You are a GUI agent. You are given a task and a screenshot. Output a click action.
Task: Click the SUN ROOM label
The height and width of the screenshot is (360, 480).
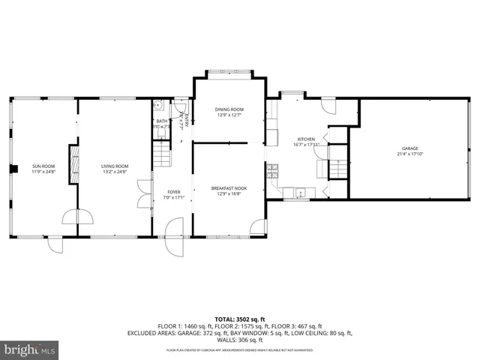(x=43, y=166)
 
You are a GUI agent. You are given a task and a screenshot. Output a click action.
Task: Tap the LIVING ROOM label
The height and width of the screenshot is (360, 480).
(x=115, y=166)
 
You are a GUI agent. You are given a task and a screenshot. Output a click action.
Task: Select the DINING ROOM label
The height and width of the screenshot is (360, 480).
(x=229, y=109)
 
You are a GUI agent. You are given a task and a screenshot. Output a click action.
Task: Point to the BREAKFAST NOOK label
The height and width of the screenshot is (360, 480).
(x=229, y=188)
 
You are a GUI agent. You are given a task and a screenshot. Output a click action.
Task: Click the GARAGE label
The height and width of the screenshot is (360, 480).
(x=409, y=148)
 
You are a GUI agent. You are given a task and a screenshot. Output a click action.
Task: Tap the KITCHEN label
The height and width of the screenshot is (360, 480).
(x=306, y=139)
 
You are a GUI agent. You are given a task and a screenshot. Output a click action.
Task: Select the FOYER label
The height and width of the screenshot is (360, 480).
(x=173, y=192)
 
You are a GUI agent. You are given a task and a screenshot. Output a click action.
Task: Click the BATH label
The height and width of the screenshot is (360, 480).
(x=162, y=121)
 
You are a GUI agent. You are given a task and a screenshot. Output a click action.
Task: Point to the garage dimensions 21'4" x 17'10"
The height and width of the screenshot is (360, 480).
(x=409, y=154)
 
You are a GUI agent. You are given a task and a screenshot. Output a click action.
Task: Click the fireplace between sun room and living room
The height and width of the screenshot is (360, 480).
(x=73, y=164)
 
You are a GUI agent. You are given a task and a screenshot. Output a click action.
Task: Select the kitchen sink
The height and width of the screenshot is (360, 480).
(x=299, y=192)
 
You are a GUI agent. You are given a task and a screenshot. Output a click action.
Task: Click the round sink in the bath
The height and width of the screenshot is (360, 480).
(x=159, y=106)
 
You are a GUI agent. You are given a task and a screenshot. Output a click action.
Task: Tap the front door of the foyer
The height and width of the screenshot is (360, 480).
(x=174, y=228)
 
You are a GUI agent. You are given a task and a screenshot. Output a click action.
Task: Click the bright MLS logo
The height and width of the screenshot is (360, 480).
(x=30, y=349)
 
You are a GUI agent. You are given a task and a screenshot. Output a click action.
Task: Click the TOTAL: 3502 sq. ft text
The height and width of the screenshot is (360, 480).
(x=239, y=318)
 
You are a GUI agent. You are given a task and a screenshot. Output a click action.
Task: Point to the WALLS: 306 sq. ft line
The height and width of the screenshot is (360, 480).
(x=239, y=339)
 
